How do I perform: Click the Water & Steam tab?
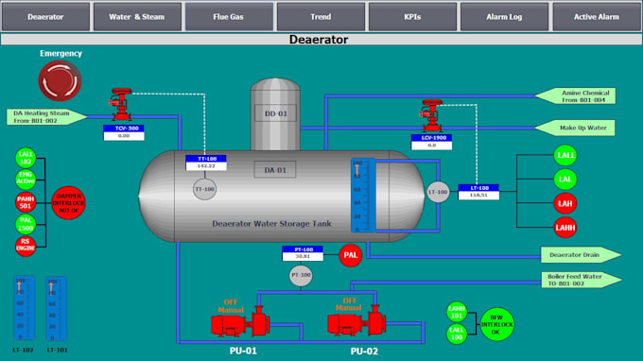136,16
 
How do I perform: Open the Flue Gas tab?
228,16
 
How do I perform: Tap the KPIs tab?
411,16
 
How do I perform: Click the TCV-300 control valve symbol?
120,101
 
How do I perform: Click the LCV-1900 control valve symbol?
434,112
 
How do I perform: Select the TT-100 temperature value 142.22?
205,166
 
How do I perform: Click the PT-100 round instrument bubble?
301,276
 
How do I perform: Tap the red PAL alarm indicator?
351,255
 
